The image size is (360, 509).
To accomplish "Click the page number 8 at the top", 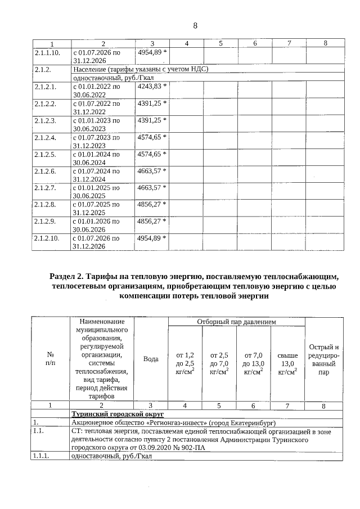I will [x=195, y=25].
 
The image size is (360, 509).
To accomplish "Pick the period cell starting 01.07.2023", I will [x=96, y=141].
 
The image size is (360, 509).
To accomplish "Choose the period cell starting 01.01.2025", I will [x=96, y=191].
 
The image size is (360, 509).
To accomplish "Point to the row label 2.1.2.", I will [x=42, y=70].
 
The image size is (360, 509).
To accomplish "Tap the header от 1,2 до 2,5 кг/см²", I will [x=185, y=363].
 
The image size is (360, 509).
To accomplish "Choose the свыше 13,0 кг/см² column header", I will [x=287, y=363].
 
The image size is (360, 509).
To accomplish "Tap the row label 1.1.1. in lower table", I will [x=43, y=456].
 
